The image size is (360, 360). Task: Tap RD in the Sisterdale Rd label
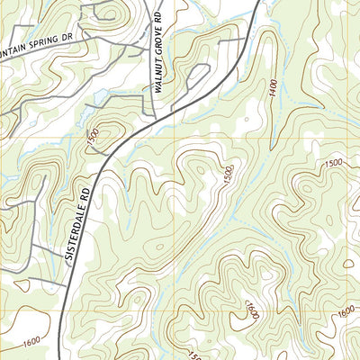point(86,190)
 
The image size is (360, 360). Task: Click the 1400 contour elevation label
point(271,89)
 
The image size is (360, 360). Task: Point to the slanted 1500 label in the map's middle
point(227,177)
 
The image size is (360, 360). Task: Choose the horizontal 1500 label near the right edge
point(335,163)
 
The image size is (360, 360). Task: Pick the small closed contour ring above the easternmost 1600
point(348,263)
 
